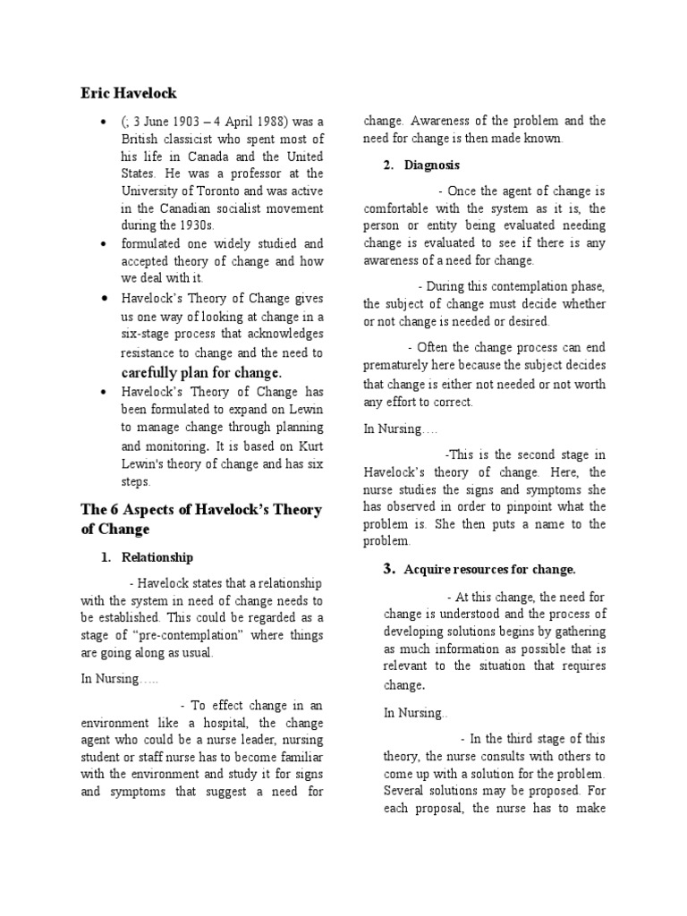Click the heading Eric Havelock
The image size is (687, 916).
[129, 92]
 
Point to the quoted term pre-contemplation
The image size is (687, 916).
[196, 635]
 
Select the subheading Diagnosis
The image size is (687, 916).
[434, 165]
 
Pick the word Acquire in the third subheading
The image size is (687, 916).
[425, 569]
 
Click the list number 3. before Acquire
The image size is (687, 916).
[389, 569]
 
